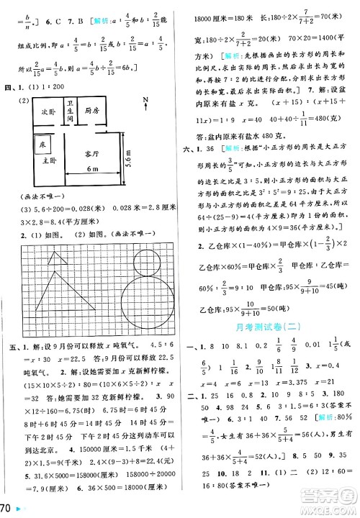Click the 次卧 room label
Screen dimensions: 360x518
tap(48, 113)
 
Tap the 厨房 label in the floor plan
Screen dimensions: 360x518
tap(91, 111)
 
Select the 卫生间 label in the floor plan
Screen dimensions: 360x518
tap(70, 112)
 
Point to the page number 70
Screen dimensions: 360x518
tap(6, 509)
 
